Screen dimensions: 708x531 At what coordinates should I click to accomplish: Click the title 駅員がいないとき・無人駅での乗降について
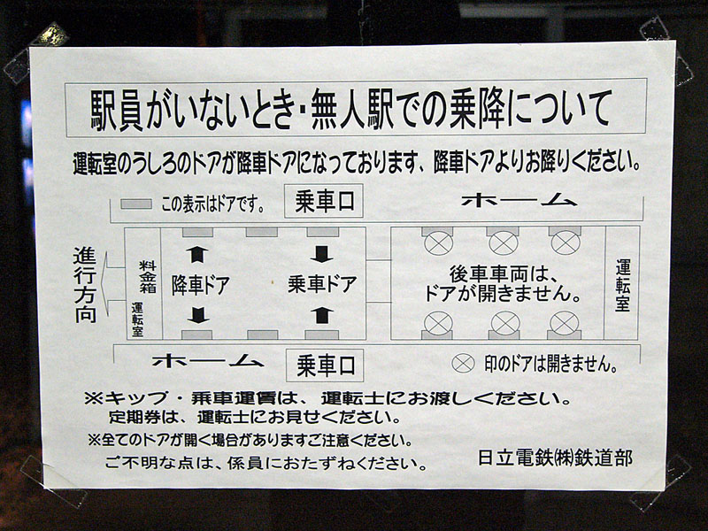(350, 109)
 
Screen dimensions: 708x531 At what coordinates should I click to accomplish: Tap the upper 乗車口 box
(324, 201)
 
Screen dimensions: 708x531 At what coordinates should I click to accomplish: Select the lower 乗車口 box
(325, 366)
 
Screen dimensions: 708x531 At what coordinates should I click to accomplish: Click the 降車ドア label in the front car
(201, 285)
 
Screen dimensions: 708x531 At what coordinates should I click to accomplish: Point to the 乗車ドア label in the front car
(322, 284)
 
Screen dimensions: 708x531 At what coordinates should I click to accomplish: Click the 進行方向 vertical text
(85, 284)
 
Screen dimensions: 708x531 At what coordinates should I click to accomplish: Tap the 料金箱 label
(148, 276)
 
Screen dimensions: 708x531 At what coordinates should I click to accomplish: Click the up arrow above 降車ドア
(197, 254)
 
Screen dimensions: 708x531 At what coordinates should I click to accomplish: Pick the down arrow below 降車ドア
(197, 315)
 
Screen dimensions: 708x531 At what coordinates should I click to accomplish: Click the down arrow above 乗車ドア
(321, 254)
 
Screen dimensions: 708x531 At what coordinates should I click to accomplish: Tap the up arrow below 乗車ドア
(321, 315)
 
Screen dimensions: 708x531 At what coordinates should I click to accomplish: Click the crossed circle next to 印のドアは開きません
(463, 364)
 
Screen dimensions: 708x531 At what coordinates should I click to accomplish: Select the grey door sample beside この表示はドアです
(136, 204)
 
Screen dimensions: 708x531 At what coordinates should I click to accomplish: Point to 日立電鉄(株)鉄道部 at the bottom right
(555, 458)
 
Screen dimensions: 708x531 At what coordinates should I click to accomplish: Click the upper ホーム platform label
(519, 201)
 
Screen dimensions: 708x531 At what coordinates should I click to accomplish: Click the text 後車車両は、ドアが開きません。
(502, 284)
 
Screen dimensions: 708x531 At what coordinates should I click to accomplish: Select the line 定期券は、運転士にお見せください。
(254, 416)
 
